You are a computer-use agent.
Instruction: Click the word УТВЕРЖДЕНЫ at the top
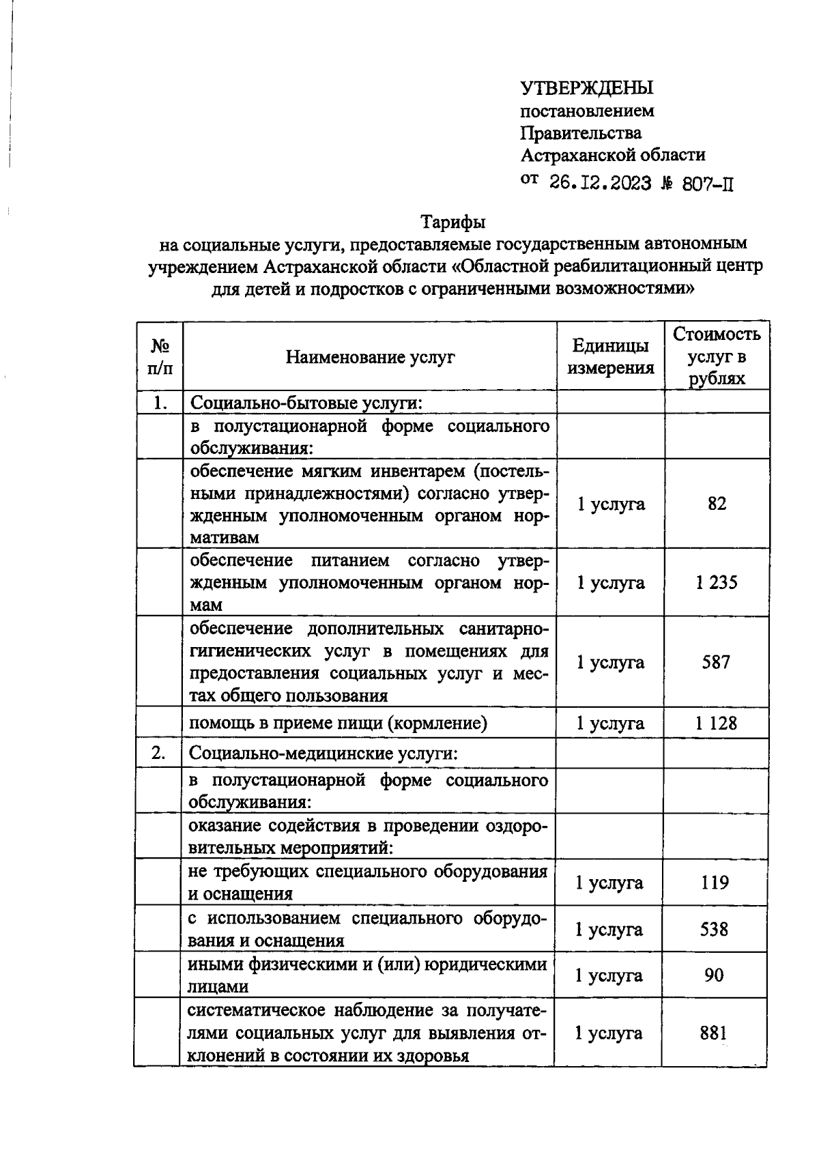(x=587, y=88)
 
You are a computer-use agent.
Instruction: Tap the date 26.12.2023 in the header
(x=601, y=183)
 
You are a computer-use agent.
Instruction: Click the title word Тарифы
(x=453, y=222)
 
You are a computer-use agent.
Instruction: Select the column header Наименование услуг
(x=370, y=357)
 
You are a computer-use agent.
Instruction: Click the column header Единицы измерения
(x=611, y=357)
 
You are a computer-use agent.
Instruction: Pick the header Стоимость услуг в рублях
(x=717, y=356)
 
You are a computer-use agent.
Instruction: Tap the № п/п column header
(x=160, y=357)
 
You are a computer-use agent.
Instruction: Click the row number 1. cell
(x=160, y=403)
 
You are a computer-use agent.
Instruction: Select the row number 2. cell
(x=158, y=754)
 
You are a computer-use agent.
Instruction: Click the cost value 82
(x=717, y=504)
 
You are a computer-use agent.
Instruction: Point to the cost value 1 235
(x=717, y=583)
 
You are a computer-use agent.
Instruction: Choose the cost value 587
(x=716, y=662)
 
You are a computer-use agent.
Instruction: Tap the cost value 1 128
(x=716, y=723)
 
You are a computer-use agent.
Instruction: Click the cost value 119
(x=715, y=883)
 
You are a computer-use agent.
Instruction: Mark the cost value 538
(x=715, y=930)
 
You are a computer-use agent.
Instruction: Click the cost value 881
(x=714, y=1033)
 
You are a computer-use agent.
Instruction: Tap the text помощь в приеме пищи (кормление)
(x=338, y=723)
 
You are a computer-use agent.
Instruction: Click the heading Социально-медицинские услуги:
(x=323, y=754)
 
